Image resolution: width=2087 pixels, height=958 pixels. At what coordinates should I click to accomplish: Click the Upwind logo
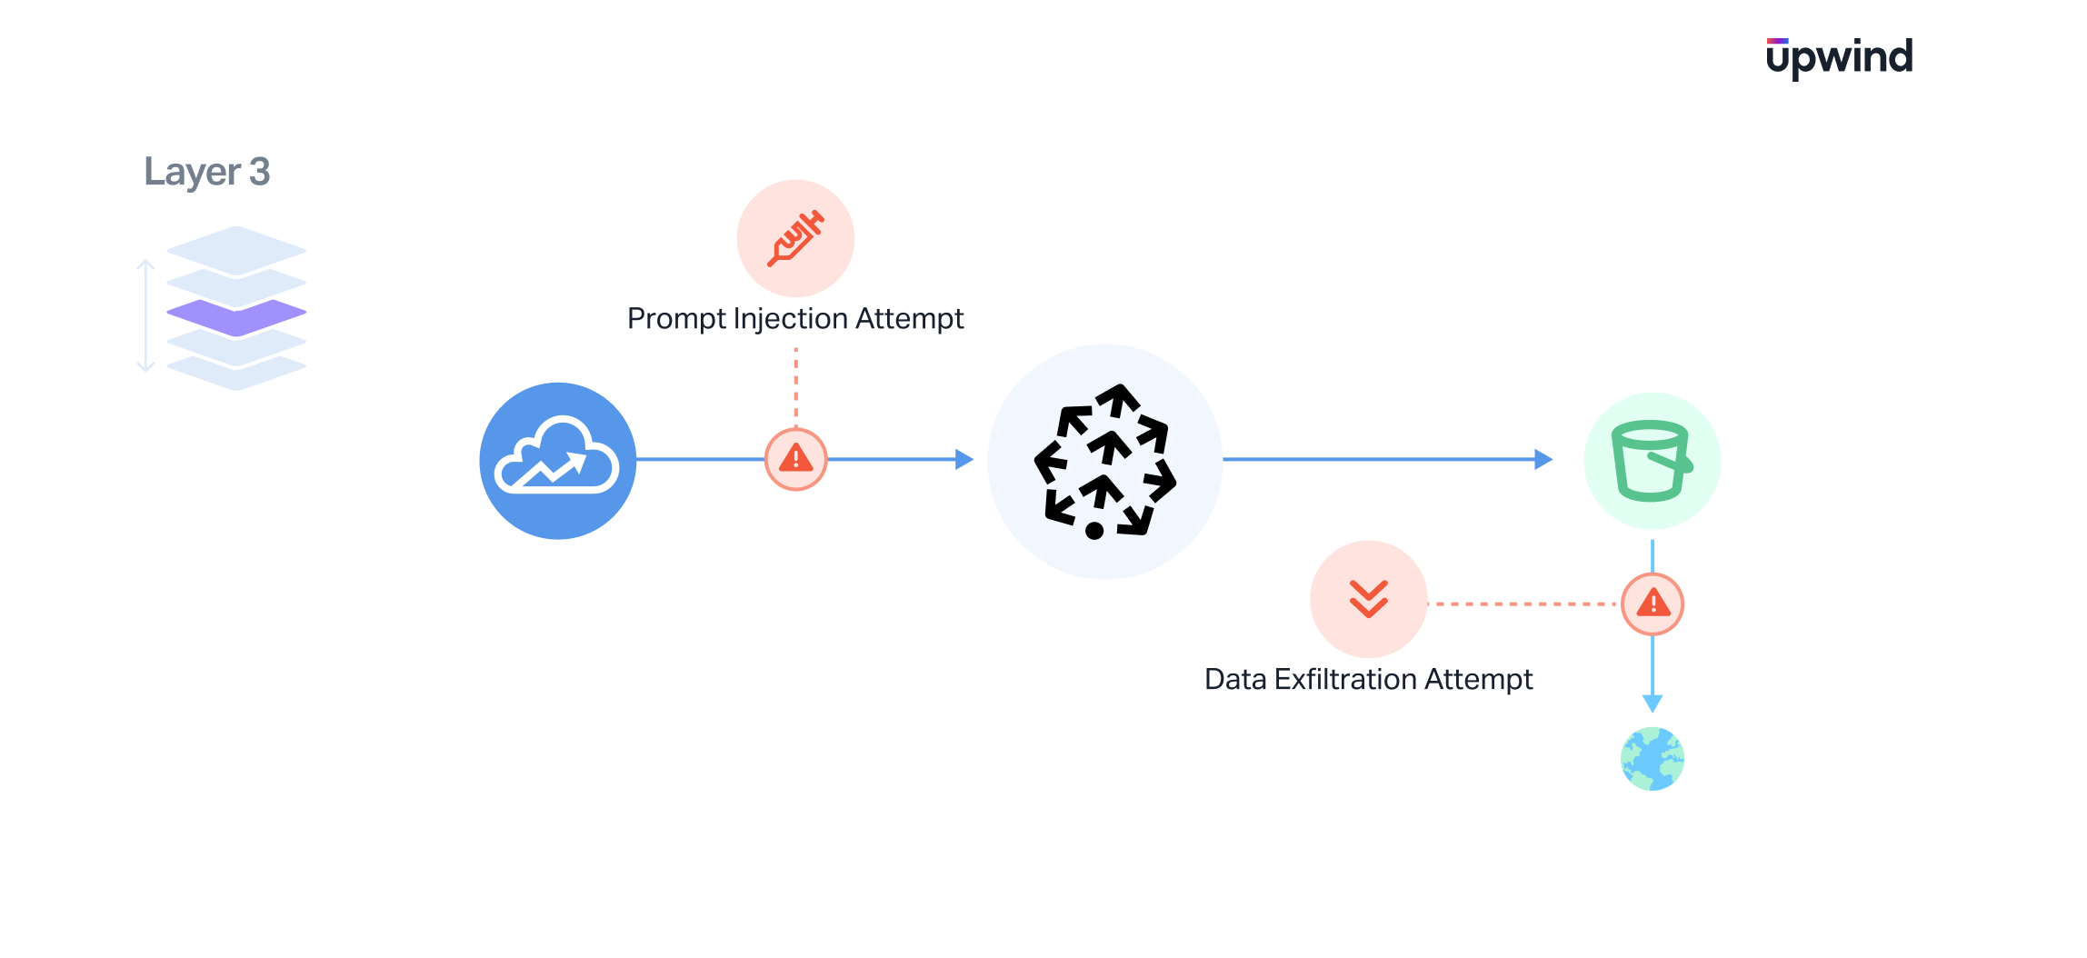[x=1839, y=57]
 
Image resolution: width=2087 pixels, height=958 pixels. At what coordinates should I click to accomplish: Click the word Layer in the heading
[x=193, y=172]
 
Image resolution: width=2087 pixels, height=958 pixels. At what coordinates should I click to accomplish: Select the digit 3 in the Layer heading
[x=260, y=172]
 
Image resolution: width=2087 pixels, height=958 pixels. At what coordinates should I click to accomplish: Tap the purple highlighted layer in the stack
[x=236, y=316]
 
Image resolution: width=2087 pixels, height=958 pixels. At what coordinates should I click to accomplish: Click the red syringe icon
[x=795, y=238]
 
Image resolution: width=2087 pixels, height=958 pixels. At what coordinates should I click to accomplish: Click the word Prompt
[x=676, y=319]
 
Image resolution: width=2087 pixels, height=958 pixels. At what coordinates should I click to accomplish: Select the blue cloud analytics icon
[x=557, y=461]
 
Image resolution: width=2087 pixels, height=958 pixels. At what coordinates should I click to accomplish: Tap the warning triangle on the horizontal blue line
[x=795, y=459]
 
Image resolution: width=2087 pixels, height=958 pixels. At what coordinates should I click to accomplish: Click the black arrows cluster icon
[x=1104, y=461]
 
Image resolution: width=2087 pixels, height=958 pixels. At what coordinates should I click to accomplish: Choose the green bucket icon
[x=1652, y=461]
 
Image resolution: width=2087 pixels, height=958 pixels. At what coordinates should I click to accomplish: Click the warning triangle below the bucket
[x=1653, y=604]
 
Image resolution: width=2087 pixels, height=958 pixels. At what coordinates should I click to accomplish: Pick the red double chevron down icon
[x=1368, y=599]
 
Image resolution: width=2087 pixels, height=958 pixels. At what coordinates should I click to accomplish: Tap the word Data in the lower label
[x=1234, y=680]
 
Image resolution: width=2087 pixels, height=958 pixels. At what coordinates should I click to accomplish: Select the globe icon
[x=1653, y=759]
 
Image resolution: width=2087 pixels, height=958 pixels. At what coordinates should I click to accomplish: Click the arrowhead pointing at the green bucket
[x=1543, y=460]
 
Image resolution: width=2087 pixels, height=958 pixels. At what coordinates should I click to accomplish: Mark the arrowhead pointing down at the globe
[x=1653, y=703]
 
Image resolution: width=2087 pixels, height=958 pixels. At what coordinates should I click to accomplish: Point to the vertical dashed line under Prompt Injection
[x=795, y=386]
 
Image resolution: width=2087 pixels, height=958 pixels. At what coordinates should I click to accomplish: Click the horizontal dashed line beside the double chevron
[x=1523, y=604]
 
